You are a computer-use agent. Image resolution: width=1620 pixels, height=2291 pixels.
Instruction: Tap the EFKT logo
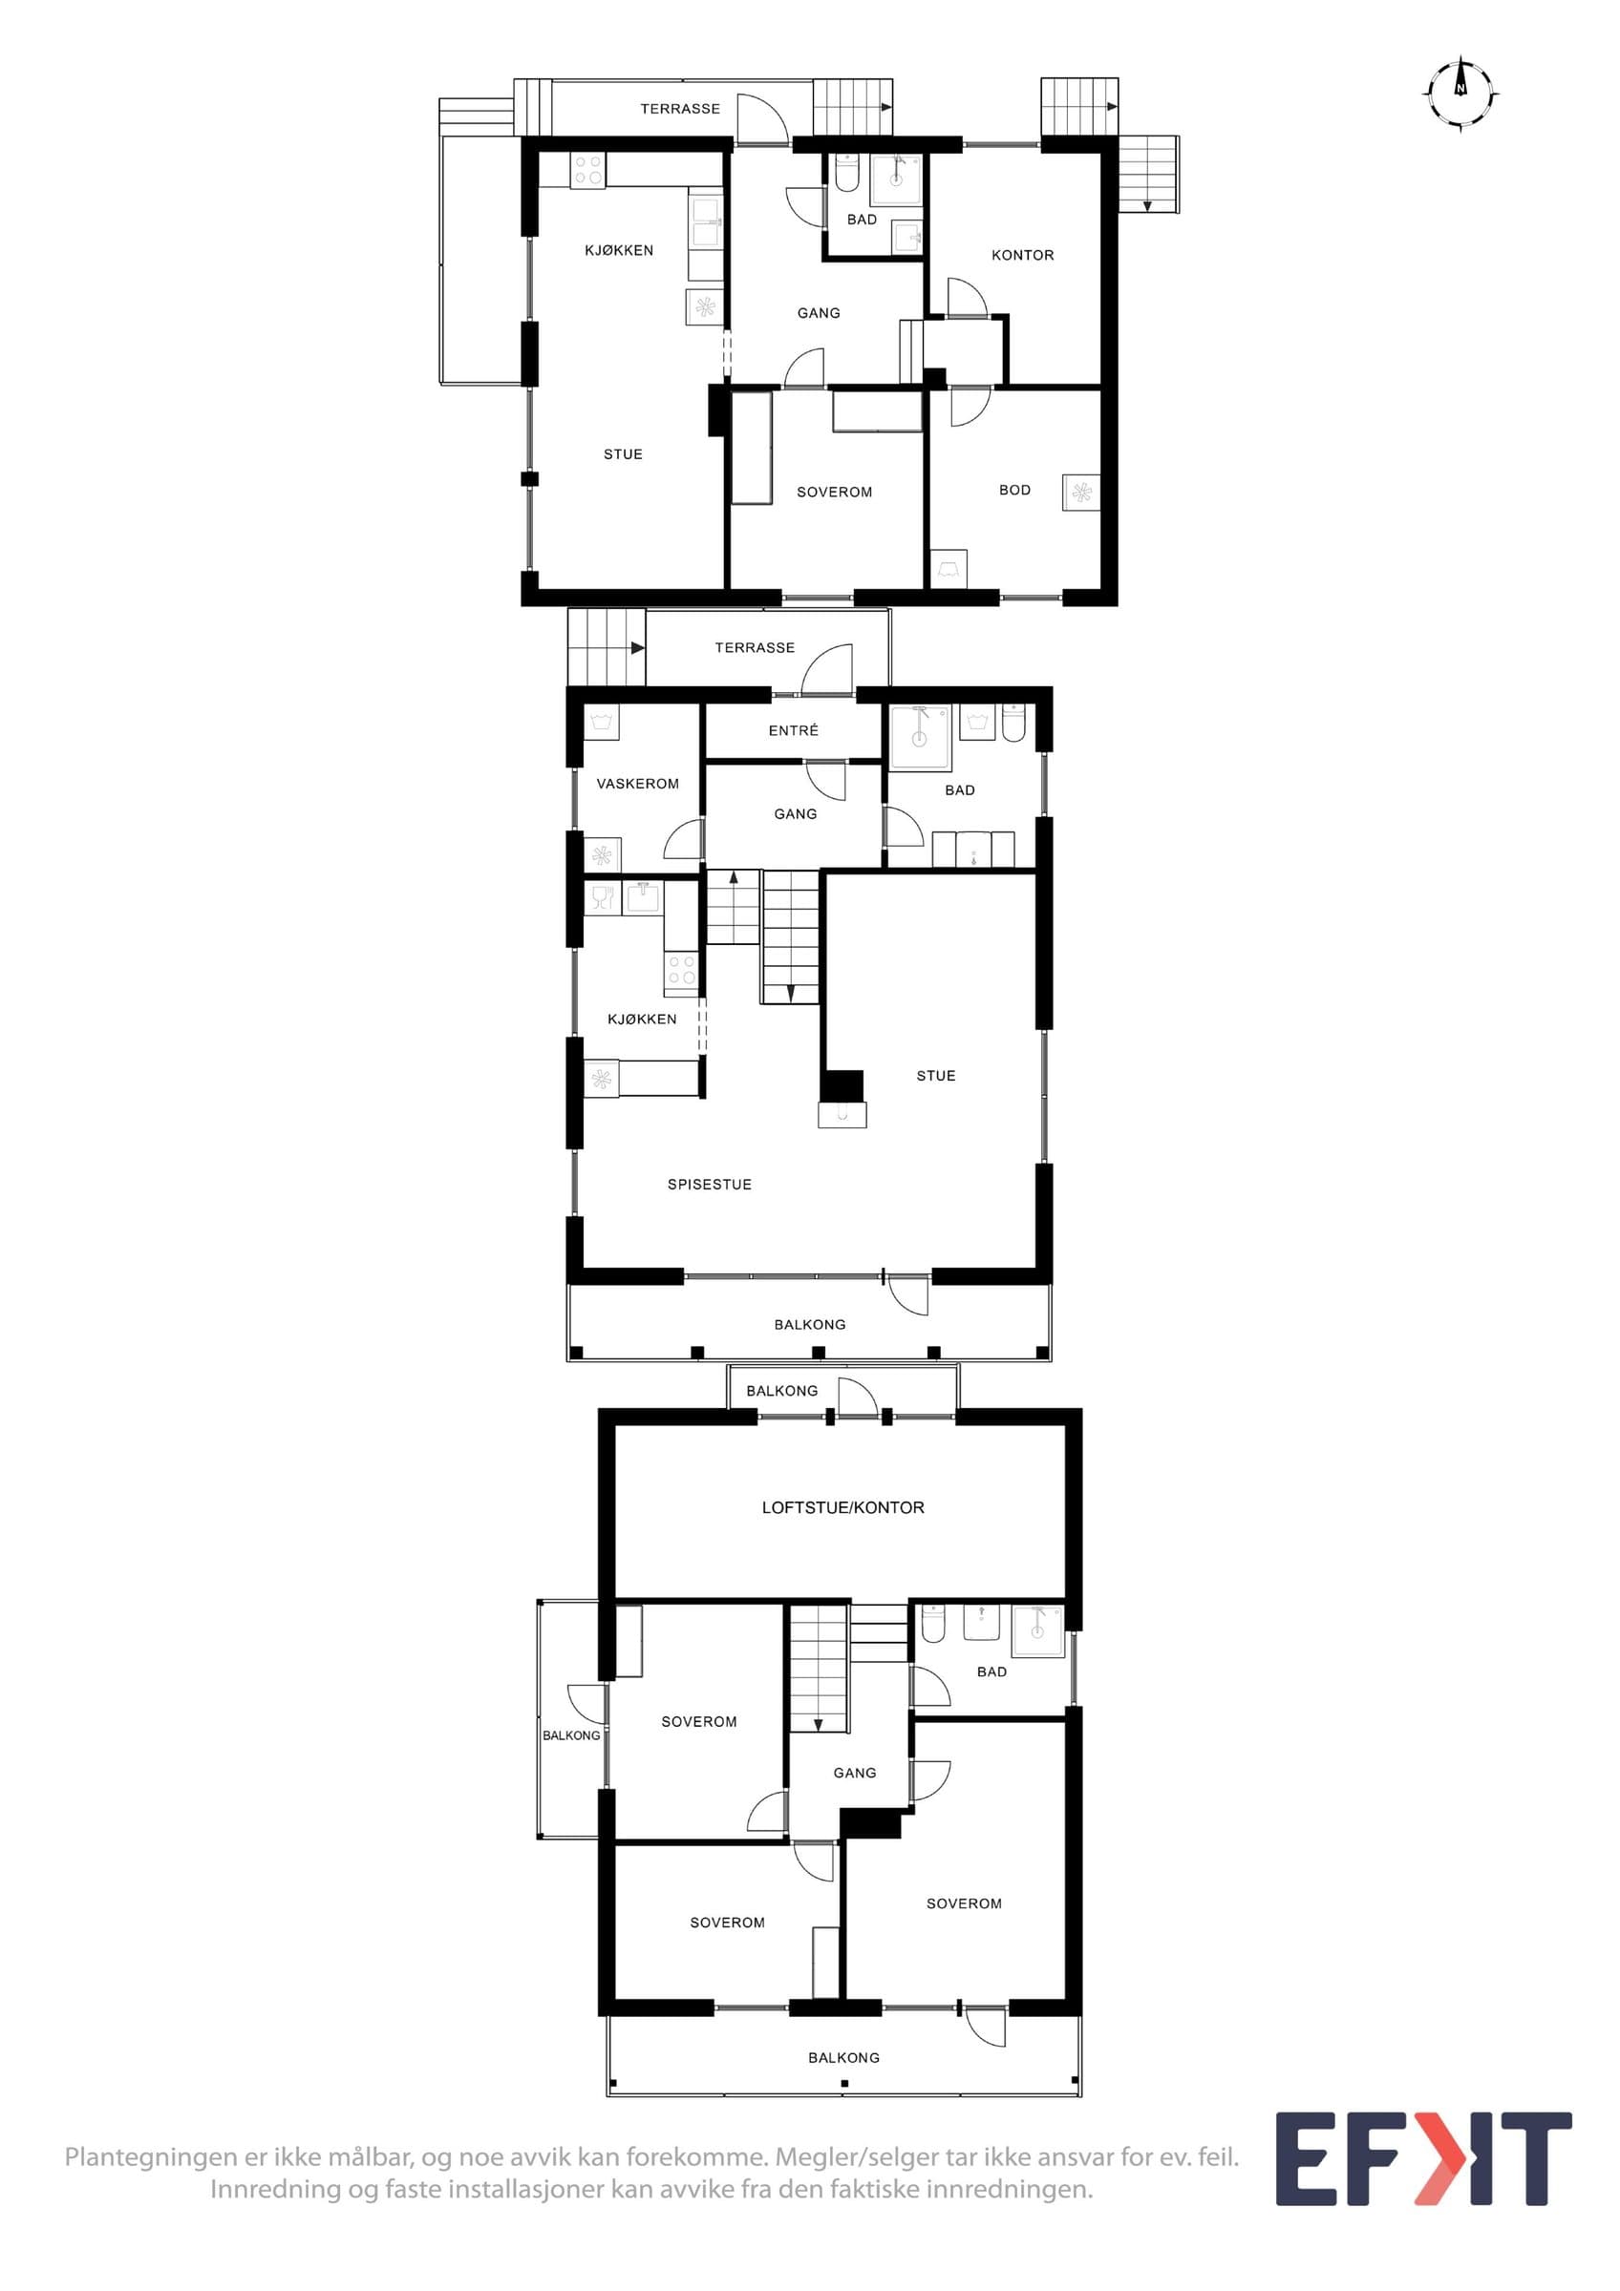tap(1423, 2158)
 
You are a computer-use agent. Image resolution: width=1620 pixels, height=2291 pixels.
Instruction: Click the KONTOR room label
tap(1022, 256)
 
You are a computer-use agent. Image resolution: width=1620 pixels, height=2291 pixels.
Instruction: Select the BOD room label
tap(1014, 490)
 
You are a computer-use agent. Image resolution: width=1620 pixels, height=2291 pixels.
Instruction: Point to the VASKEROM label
tap(637, 784)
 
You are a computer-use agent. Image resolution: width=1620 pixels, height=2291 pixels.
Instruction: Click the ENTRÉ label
tap(793, 730)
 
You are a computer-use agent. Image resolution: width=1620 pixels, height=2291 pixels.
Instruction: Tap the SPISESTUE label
tap(709, 1185)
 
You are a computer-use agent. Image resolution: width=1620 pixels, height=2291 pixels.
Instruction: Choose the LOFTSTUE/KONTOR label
tap(842, 1506)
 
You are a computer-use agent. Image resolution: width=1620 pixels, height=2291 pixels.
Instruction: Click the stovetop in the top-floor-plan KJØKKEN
tap(586, 170)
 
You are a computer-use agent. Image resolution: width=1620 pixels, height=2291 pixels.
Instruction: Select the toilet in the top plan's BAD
tap(845, 173)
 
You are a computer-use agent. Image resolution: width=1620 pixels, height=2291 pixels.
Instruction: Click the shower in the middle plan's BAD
tap(919, 739)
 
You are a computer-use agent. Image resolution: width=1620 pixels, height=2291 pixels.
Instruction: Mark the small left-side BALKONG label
tap(571, 1735)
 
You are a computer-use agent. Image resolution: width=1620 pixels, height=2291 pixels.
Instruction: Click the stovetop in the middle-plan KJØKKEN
tap(682, 971)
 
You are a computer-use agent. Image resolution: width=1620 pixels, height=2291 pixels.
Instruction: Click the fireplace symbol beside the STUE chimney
tap(842, 1115)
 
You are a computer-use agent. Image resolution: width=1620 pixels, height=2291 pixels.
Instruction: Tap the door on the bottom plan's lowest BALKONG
tap(984, 2025)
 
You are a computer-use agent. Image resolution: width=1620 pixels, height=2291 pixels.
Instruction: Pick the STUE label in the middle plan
tap(935, 1076)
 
